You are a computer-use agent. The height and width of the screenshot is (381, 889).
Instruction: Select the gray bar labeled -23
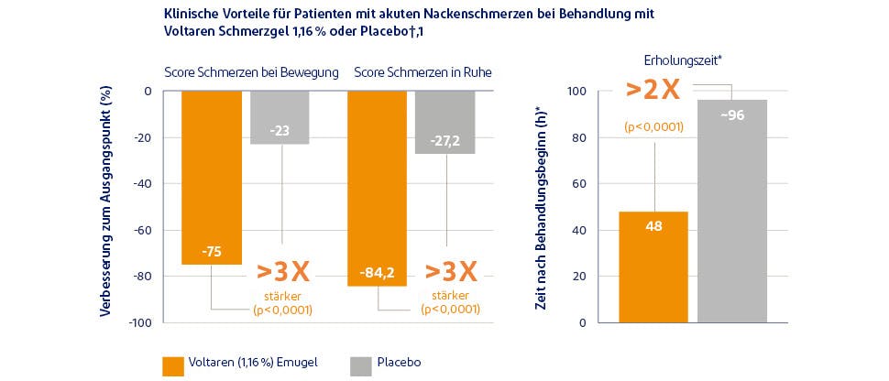pyautogui.click(x=280, y=117)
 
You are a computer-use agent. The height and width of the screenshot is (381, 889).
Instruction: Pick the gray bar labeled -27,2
pyautogui.click(x=444, y=122)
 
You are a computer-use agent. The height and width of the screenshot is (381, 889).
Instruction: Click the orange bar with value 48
pyautogui.click(x=653, y=267)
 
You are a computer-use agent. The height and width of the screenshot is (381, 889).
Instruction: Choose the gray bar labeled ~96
pyautogui.click(x=732, y=211)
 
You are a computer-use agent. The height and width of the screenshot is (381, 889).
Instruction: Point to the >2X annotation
pyautogui.click(x=653, y=92)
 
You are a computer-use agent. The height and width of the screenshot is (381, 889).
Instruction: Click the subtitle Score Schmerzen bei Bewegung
pyautogui.click(x=251, y=72)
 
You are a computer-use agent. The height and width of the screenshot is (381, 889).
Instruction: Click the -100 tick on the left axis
pyautogui.click(x=139, y=323)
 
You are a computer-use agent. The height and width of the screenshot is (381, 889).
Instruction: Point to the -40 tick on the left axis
pyautogui.click(x=141, y=184)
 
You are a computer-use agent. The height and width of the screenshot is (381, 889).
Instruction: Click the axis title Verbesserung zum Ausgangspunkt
pyautogui.click(x=105, y=201)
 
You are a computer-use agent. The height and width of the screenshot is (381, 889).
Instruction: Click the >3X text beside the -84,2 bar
pyautogui.click(x=450, y=271)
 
